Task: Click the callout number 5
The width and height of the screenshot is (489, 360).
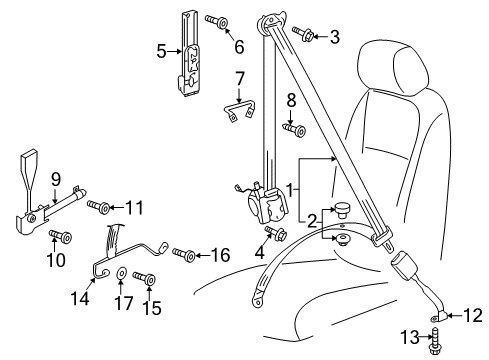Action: [x=161, y=52]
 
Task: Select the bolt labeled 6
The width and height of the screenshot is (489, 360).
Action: [x=217, y=21]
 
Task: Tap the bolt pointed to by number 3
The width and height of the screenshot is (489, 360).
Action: [x=302, y=33]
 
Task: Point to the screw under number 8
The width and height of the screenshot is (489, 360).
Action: [x=294, y=129]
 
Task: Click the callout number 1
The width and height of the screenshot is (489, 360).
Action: [x=290, y=190]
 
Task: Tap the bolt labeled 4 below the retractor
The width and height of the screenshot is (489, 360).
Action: [x=276, y=233]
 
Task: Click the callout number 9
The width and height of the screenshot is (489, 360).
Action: [x=56, y=179]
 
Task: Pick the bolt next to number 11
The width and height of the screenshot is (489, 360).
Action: [x=99, y=206]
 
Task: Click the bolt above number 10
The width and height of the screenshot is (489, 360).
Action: [x=61, y=236]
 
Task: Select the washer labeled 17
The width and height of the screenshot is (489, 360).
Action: [x=121, y=273]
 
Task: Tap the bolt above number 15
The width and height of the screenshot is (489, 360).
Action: [x=144, y=278]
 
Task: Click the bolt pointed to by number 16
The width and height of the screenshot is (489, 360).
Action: [x=184, y=254]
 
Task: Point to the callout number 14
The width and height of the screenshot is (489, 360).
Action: [x=80, y=298]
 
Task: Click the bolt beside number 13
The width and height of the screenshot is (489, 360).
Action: [x=434, y=342]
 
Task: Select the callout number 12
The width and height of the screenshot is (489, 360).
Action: [x=473, y=315]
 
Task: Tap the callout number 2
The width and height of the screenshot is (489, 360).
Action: [x=312, y=221]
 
